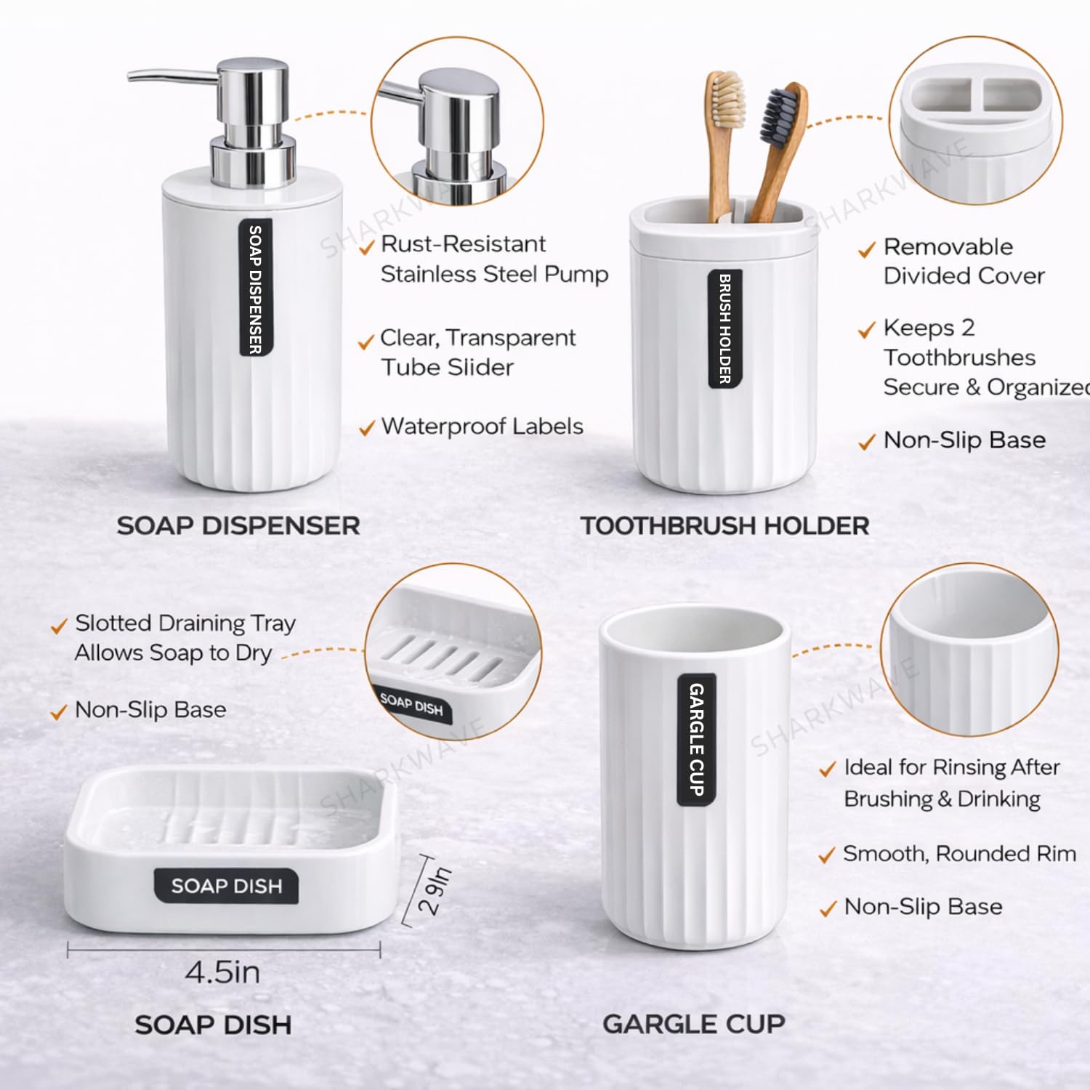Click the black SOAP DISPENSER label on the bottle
(256, 288)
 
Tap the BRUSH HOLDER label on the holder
(724, 328)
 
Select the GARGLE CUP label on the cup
(696, 740)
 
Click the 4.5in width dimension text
(222, 972)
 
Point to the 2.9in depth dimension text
(435, 890)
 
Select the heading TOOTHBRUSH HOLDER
(724, 525)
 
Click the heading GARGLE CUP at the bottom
(694, 1024)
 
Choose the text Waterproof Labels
(482, 426)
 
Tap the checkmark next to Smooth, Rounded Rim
(827, 855)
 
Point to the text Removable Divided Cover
(964, 261)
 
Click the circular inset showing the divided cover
(976, 121)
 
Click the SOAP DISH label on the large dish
(226, 886)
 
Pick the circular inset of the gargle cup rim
(969, 649)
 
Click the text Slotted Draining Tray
(185, 623)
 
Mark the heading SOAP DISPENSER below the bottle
(238, 525)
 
